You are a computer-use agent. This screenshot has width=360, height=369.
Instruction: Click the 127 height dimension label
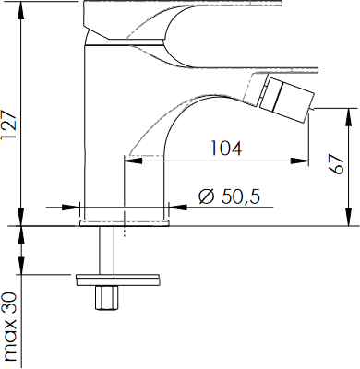(x=8, y=125)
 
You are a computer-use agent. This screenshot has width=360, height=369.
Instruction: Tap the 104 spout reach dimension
(x=226, y=148)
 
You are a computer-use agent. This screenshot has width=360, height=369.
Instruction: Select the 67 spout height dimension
(x=336, y=163)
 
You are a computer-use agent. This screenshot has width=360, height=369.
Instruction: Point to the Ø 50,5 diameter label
(x=229, y=196)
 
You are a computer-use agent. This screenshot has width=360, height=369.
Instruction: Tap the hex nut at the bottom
(x=106, y=298)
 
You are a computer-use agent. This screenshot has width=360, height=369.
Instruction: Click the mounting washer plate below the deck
(x=118, y=280)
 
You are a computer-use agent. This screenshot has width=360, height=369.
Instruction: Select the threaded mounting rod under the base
(x=106, y=250)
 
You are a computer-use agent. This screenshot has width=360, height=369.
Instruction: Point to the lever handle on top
(x=185, y=34)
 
